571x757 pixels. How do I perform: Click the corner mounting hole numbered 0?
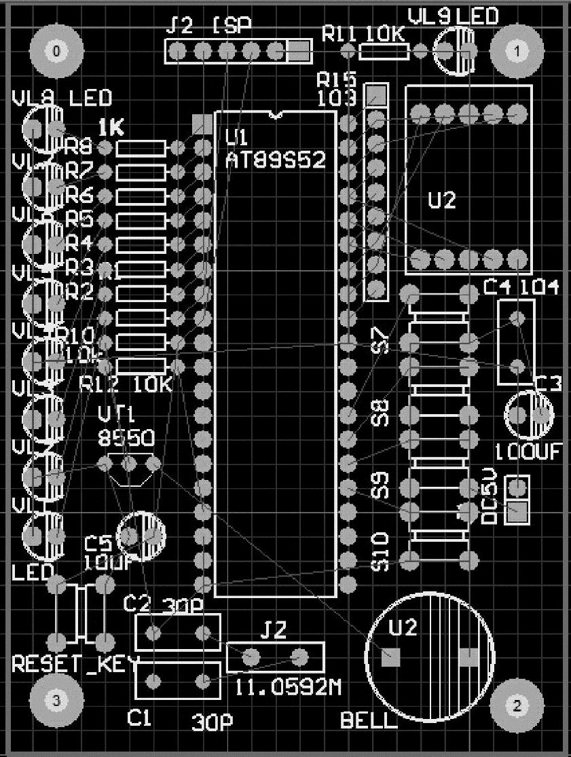pos(56,50)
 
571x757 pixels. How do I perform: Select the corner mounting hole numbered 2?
pos(517,705)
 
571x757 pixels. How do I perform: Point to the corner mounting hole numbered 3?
pos(56,699)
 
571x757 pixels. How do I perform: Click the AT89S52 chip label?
pos(275,160)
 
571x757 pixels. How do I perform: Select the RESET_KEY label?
pos(75,663)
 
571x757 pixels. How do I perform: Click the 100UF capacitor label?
pos(529,451)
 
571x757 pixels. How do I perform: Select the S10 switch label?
pos(382,552)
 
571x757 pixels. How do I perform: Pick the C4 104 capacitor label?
pos(521,288)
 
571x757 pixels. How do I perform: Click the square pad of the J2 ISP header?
pos(299,50)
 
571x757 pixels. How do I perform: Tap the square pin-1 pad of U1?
pos(202,123)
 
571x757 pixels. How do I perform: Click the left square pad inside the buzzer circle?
pos(390,657)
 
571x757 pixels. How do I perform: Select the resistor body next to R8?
pos(141,147)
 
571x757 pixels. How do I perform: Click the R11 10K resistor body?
pos(384,51)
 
